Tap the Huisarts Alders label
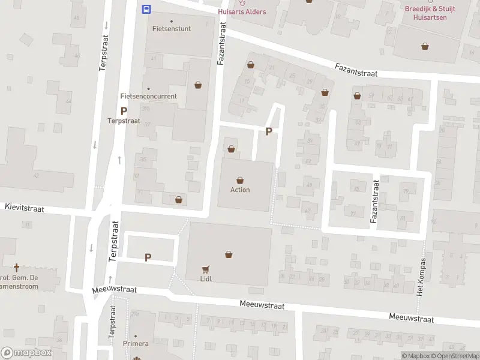point(242,11)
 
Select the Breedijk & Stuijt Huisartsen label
point(430,14)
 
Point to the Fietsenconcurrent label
point(148,96)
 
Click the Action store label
point(240,190)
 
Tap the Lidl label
point(207,279)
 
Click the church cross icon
point(16,267)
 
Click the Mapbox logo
point(26,353)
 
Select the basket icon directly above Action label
point(240,179)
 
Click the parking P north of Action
point(269,131)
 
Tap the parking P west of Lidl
point(148,257)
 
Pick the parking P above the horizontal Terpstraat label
point(124,111)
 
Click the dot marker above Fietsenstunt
point(172,21)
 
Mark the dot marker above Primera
point(135,336)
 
